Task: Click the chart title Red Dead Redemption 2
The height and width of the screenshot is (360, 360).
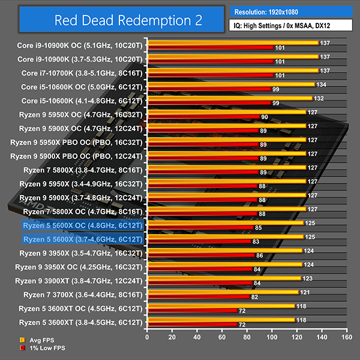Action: coord(111,20)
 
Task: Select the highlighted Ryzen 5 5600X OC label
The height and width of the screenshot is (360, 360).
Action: coord(83,225)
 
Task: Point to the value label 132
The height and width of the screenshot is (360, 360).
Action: coord(319,98)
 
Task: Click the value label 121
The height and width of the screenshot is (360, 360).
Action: coord(305,292)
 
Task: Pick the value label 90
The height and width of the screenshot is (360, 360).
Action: coord(265,118)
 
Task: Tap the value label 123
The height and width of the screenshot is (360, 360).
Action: coord(307,278)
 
